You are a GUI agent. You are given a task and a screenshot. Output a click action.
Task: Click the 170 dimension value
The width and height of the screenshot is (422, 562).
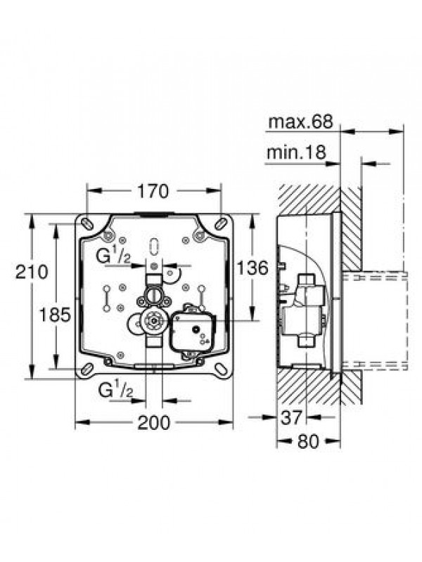[152, 191]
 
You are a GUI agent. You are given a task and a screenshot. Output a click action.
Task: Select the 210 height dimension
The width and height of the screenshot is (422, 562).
[32, 272]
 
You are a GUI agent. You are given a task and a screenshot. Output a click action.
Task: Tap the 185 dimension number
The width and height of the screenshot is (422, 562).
[55, 315]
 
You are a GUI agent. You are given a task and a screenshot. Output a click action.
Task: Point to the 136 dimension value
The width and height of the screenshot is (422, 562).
[252, 268]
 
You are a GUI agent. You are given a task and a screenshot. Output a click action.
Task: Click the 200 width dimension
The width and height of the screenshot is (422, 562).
[154, 423]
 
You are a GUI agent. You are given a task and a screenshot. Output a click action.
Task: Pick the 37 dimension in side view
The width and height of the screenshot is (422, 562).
[292, 417]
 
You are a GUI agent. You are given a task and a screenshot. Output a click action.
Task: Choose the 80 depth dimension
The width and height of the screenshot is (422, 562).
[308, 441]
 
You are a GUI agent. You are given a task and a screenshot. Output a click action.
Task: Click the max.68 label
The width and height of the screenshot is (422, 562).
[301, 122]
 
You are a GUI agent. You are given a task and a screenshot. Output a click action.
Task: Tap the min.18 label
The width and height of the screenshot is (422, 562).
[296, 152]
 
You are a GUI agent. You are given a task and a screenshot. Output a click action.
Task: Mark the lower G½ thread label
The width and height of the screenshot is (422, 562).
[116, 391]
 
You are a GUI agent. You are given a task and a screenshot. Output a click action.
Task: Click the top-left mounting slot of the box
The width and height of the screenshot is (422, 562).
[87, 222]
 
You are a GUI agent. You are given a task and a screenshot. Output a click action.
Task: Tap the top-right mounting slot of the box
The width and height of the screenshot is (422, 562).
[220, 222]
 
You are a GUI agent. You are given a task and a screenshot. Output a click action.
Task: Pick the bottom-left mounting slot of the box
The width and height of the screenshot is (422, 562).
[87, 369]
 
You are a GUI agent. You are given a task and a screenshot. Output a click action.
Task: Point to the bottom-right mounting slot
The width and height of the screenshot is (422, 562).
[221, 370]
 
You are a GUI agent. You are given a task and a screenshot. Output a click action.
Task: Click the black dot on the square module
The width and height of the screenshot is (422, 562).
[196, 329]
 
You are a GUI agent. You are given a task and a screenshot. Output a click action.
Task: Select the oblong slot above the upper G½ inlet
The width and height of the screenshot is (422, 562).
[154, 247]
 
